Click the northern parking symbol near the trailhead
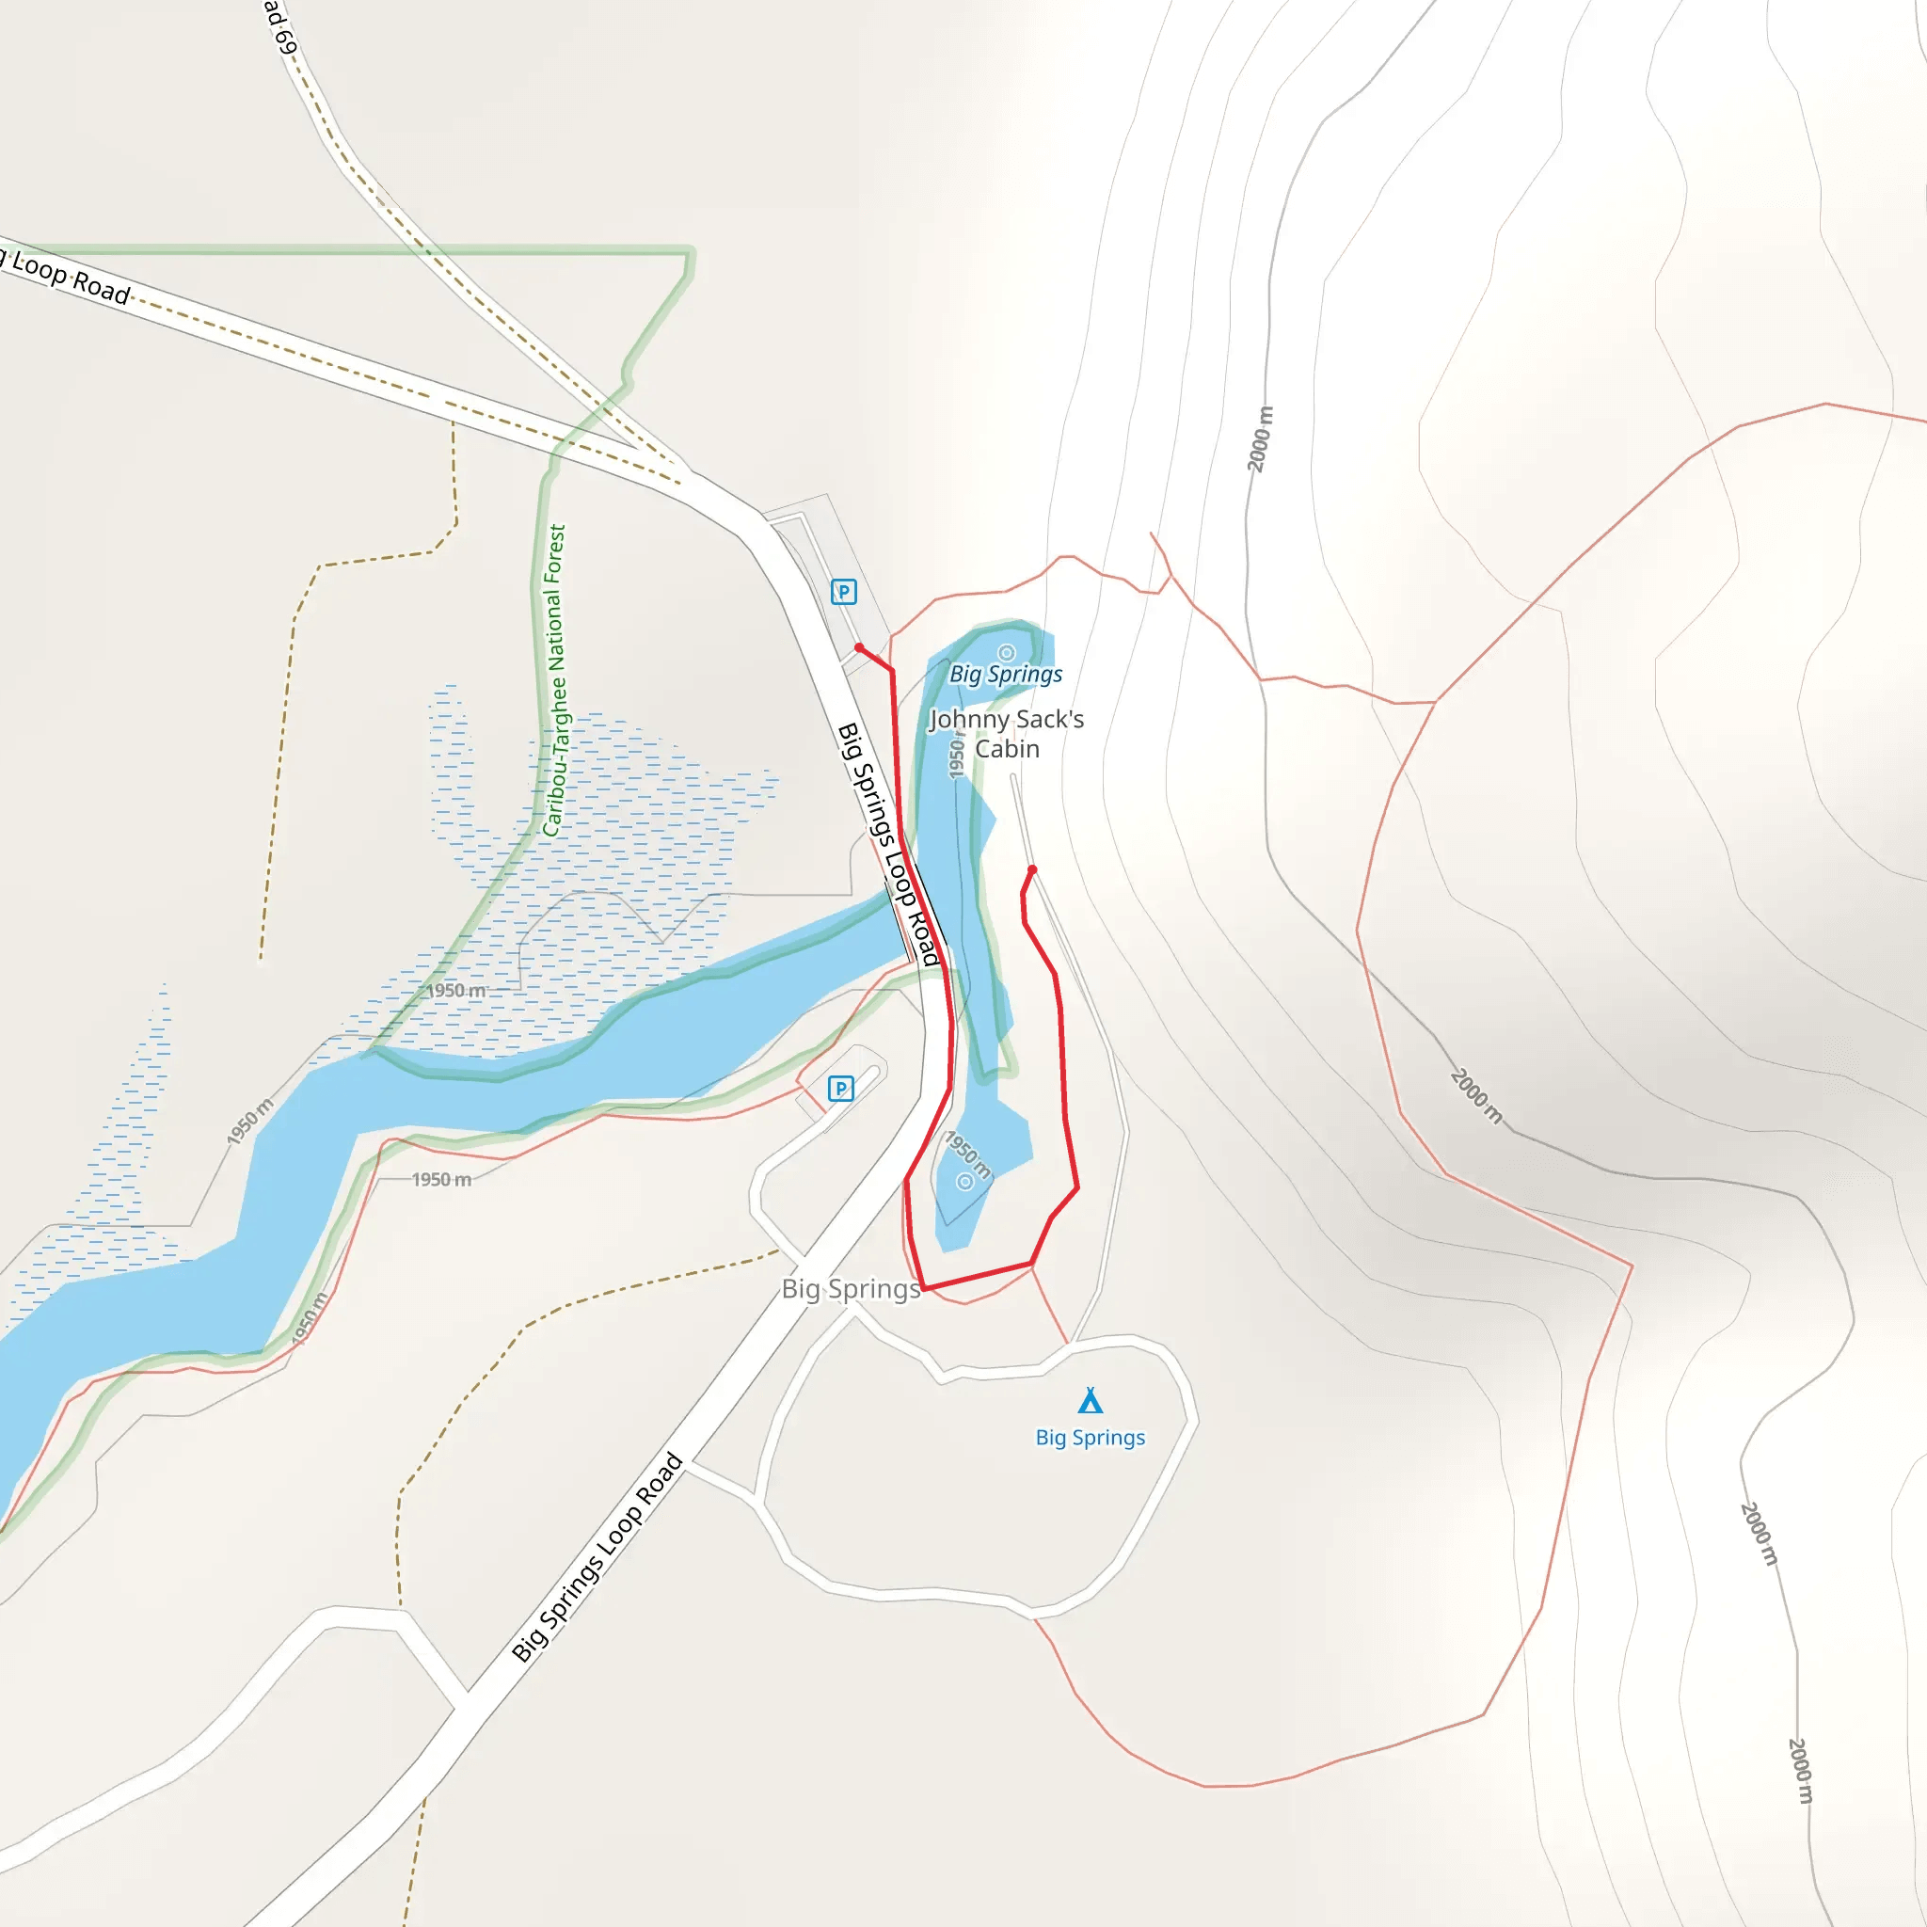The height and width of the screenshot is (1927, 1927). (x=844, y=593)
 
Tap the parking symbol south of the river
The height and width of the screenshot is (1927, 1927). (x=841, y=1089)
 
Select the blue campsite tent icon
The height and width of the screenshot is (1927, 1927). (x=1091, y=1400)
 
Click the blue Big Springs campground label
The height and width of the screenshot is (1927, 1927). (x=1091, y=1438)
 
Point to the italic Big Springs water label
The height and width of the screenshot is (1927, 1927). (x=1006, y=675)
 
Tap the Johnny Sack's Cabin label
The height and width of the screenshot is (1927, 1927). (x=1007, y=733)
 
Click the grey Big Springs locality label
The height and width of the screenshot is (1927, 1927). (x=851, y=1289)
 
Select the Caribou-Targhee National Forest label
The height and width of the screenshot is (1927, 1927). (x=554, y=680)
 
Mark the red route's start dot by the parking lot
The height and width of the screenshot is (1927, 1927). (x=860, y=648)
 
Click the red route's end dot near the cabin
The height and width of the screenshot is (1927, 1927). (x=1032, y=869)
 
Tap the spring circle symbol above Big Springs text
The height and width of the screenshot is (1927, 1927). (x=1007, y=652)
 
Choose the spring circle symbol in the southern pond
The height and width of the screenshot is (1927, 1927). (x=964, y=1182)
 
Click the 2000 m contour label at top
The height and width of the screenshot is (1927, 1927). (x=1260, y=438)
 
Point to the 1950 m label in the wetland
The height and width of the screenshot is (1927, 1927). (x=455, y=991)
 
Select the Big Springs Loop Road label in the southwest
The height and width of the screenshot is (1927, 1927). (x=597, y=1557)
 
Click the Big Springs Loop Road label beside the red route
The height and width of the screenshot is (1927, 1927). (x=888, y=844)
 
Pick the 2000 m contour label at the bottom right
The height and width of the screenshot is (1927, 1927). (x=1799, y=1772)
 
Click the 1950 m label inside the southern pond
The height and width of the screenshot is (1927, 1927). (x=967, y=1155)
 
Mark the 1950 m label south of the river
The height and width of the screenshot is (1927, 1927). (x=442, y=1180)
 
